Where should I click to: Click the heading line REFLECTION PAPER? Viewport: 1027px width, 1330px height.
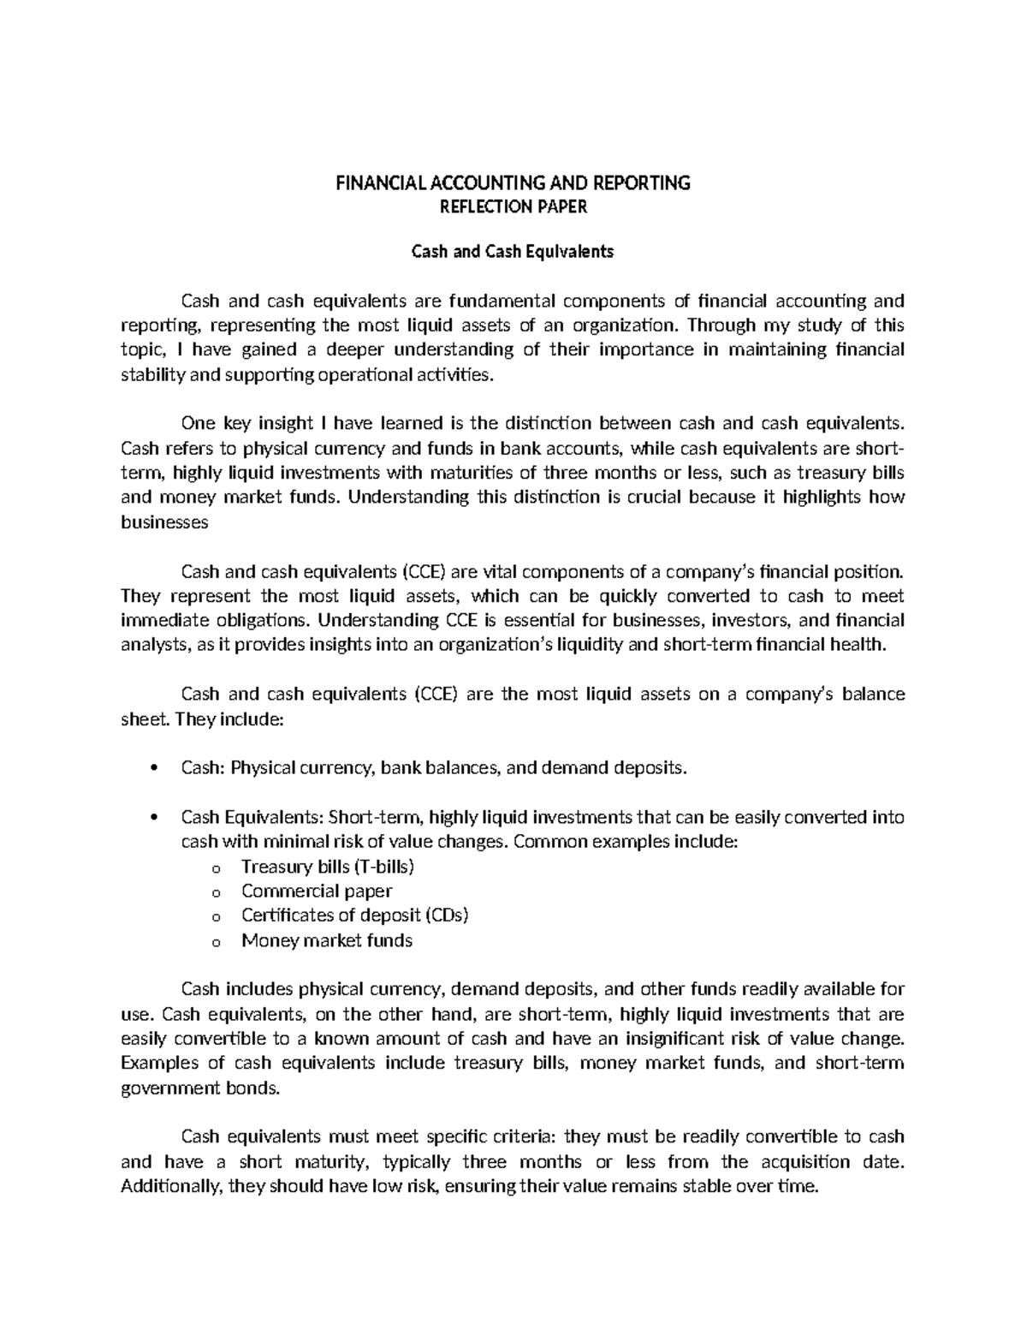click(513, 206)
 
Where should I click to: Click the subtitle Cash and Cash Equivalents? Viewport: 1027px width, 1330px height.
click(513, 252)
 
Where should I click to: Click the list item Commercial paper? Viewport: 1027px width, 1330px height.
click(317, 891)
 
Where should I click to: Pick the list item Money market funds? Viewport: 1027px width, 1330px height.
click(327, 940)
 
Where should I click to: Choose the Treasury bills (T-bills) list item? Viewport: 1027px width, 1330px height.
click(328, 866)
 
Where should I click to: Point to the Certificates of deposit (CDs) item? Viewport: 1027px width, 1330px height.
click(355, 915)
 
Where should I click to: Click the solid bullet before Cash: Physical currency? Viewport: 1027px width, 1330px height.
click(153, 768)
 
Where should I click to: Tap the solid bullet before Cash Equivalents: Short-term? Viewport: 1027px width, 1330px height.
click(153, 818)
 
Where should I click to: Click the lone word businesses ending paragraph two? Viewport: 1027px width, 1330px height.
click(164, 522)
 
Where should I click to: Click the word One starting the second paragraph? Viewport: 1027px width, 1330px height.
click(198, 423)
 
